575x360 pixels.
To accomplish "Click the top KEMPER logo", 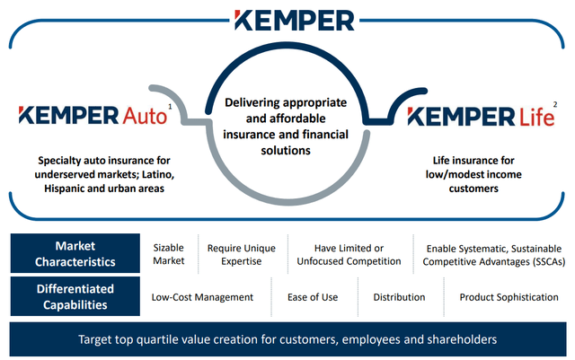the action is [295, 20].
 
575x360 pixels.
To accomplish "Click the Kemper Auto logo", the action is [93, 116].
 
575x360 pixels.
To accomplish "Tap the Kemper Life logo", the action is [481, 117].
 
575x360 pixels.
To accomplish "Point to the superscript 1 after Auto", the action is [170, 106].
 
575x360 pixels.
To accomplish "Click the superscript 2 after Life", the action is [555, 104].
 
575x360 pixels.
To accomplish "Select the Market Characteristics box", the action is [75, 253].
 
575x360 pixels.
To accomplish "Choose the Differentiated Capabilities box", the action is [75, 296].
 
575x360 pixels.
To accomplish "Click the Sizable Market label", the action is [169, 254].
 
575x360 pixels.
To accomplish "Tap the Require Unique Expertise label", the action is [242, 254].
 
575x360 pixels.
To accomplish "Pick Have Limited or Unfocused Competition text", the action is [349, 254].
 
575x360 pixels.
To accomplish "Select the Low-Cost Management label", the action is [202, 297].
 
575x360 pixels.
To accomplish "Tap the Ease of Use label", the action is [313, 297].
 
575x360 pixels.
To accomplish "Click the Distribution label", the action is [399, 297].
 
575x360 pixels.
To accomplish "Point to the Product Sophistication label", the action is [509, 297].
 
